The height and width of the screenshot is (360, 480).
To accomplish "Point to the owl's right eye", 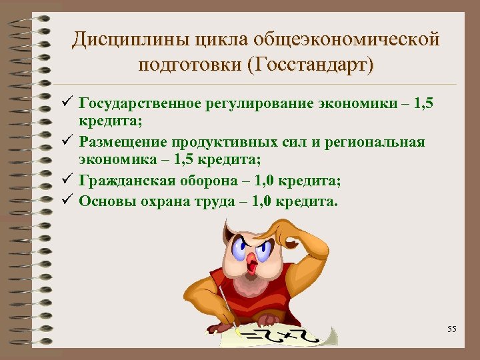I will [263, 249].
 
